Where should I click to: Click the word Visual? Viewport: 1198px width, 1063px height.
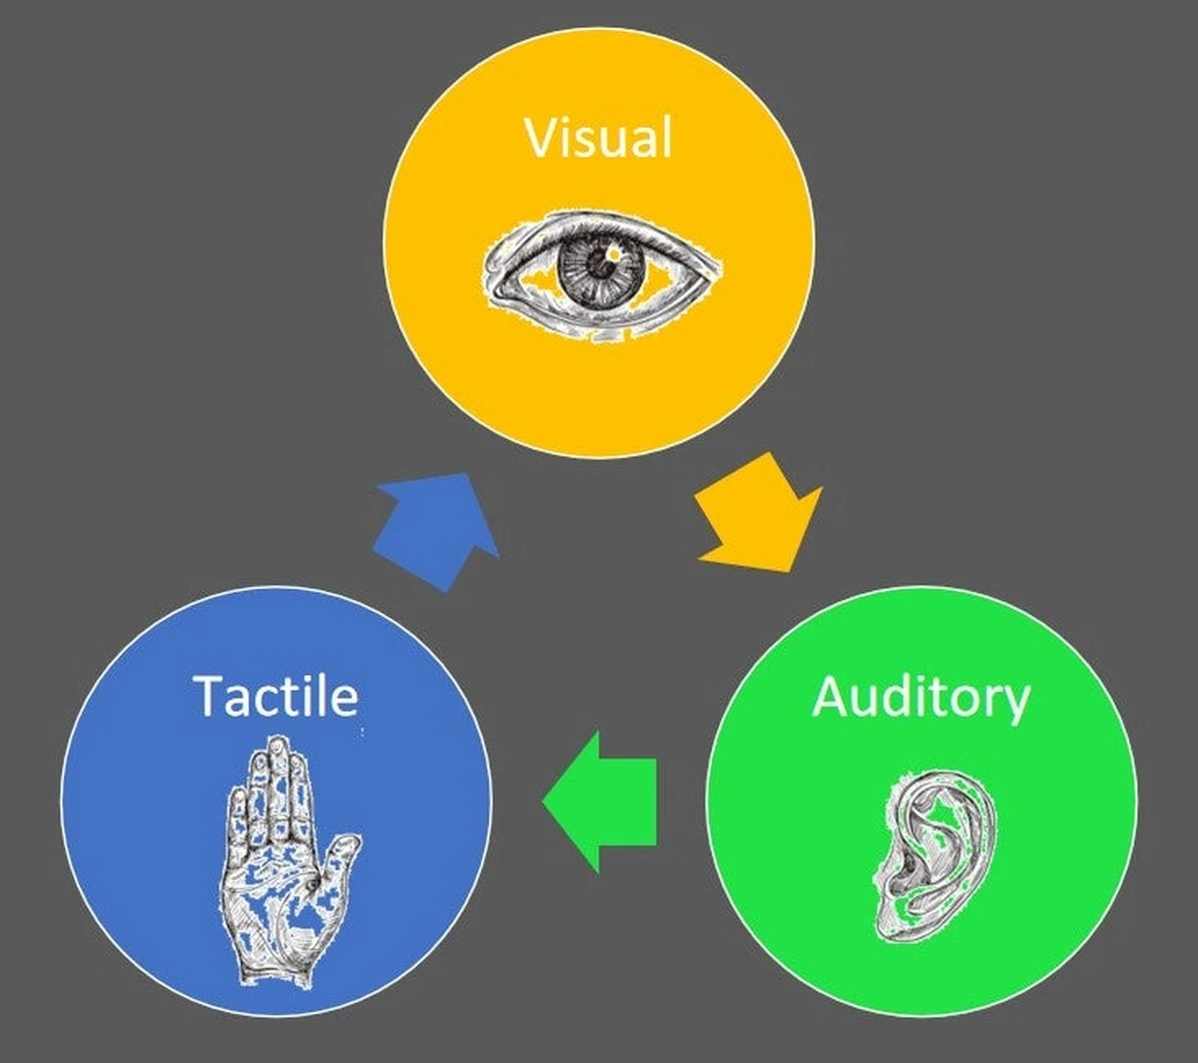coord(599,137)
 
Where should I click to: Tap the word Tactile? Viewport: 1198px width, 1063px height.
coord(276,696)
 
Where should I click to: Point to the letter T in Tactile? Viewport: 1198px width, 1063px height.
coord(210,696)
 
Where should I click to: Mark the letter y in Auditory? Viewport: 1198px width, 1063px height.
coord(1015,704)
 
